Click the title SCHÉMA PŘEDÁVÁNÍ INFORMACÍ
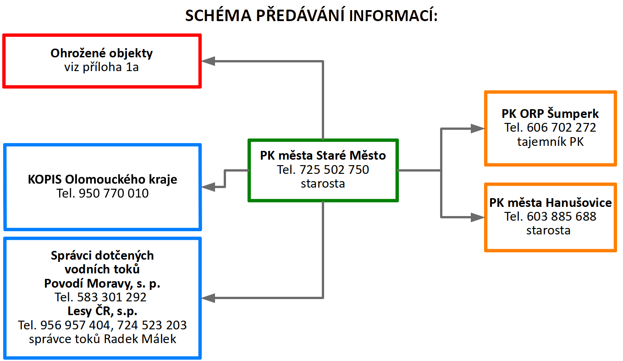click(311, 16)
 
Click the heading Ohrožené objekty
click(102, 53)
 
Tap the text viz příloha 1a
click(102, 67)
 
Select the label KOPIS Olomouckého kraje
click(102, 179)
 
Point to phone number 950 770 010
click(114, 193)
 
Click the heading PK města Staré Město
click(323, 156)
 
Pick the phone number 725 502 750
click(334, 170)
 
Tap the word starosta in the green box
click(323, 183)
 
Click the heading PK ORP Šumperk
click(550, 114)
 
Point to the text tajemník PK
click(550, 142)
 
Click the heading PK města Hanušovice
click(550, 202)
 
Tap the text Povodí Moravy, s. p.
click(102, 283)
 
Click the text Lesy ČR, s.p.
click(102, 311)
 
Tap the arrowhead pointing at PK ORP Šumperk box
click(478, 129)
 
